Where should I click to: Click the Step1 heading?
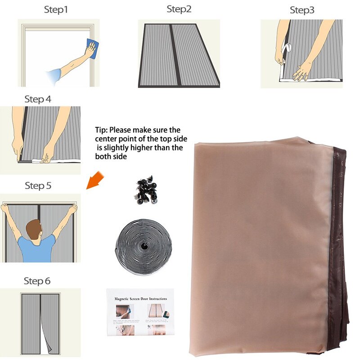(56, 9)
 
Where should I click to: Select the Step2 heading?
(179, 9)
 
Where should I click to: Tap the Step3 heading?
(302, 10)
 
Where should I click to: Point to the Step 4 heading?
(41, 99)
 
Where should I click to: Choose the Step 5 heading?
(41, 185)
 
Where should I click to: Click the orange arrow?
(93, 183)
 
